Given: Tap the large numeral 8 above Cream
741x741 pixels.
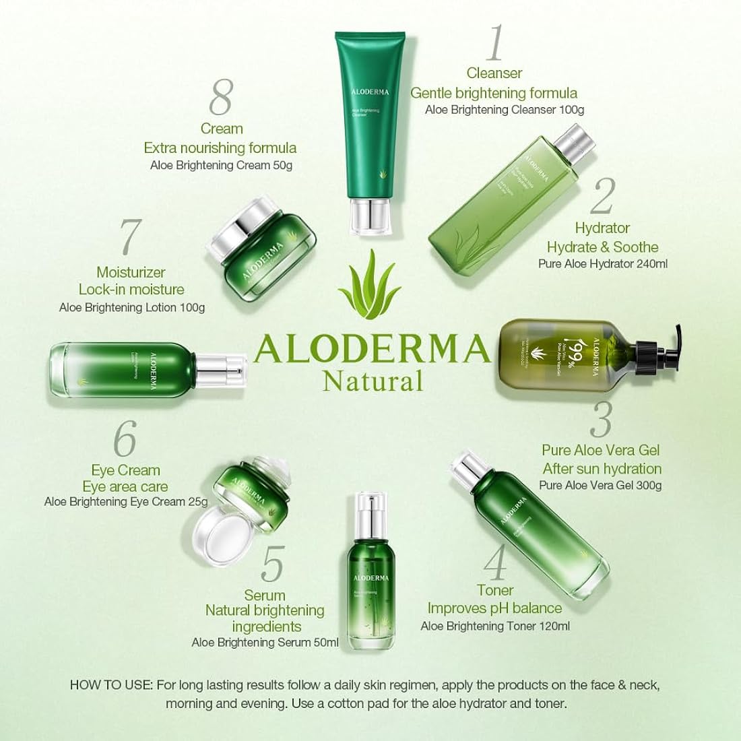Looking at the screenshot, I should click(220, 98).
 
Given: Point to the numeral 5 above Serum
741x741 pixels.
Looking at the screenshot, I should click(272, 565).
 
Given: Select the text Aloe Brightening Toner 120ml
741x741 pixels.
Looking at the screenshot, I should click(495, 626).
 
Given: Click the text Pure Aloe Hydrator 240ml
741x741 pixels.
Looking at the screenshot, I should click(602, 264).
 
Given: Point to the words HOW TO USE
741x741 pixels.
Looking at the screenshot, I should click(111, 686).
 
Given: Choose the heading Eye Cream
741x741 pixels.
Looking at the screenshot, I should click(125, 470).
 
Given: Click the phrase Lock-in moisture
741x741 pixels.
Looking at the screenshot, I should click(131, 290).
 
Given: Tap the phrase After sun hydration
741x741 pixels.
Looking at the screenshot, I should click(602, 468).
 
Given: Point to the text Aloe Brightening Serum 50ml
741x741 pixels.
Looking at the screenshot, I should click(265, 643).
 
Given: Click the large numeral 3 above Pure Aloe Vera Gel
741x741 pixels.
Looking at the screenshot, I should click(600, 419).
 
